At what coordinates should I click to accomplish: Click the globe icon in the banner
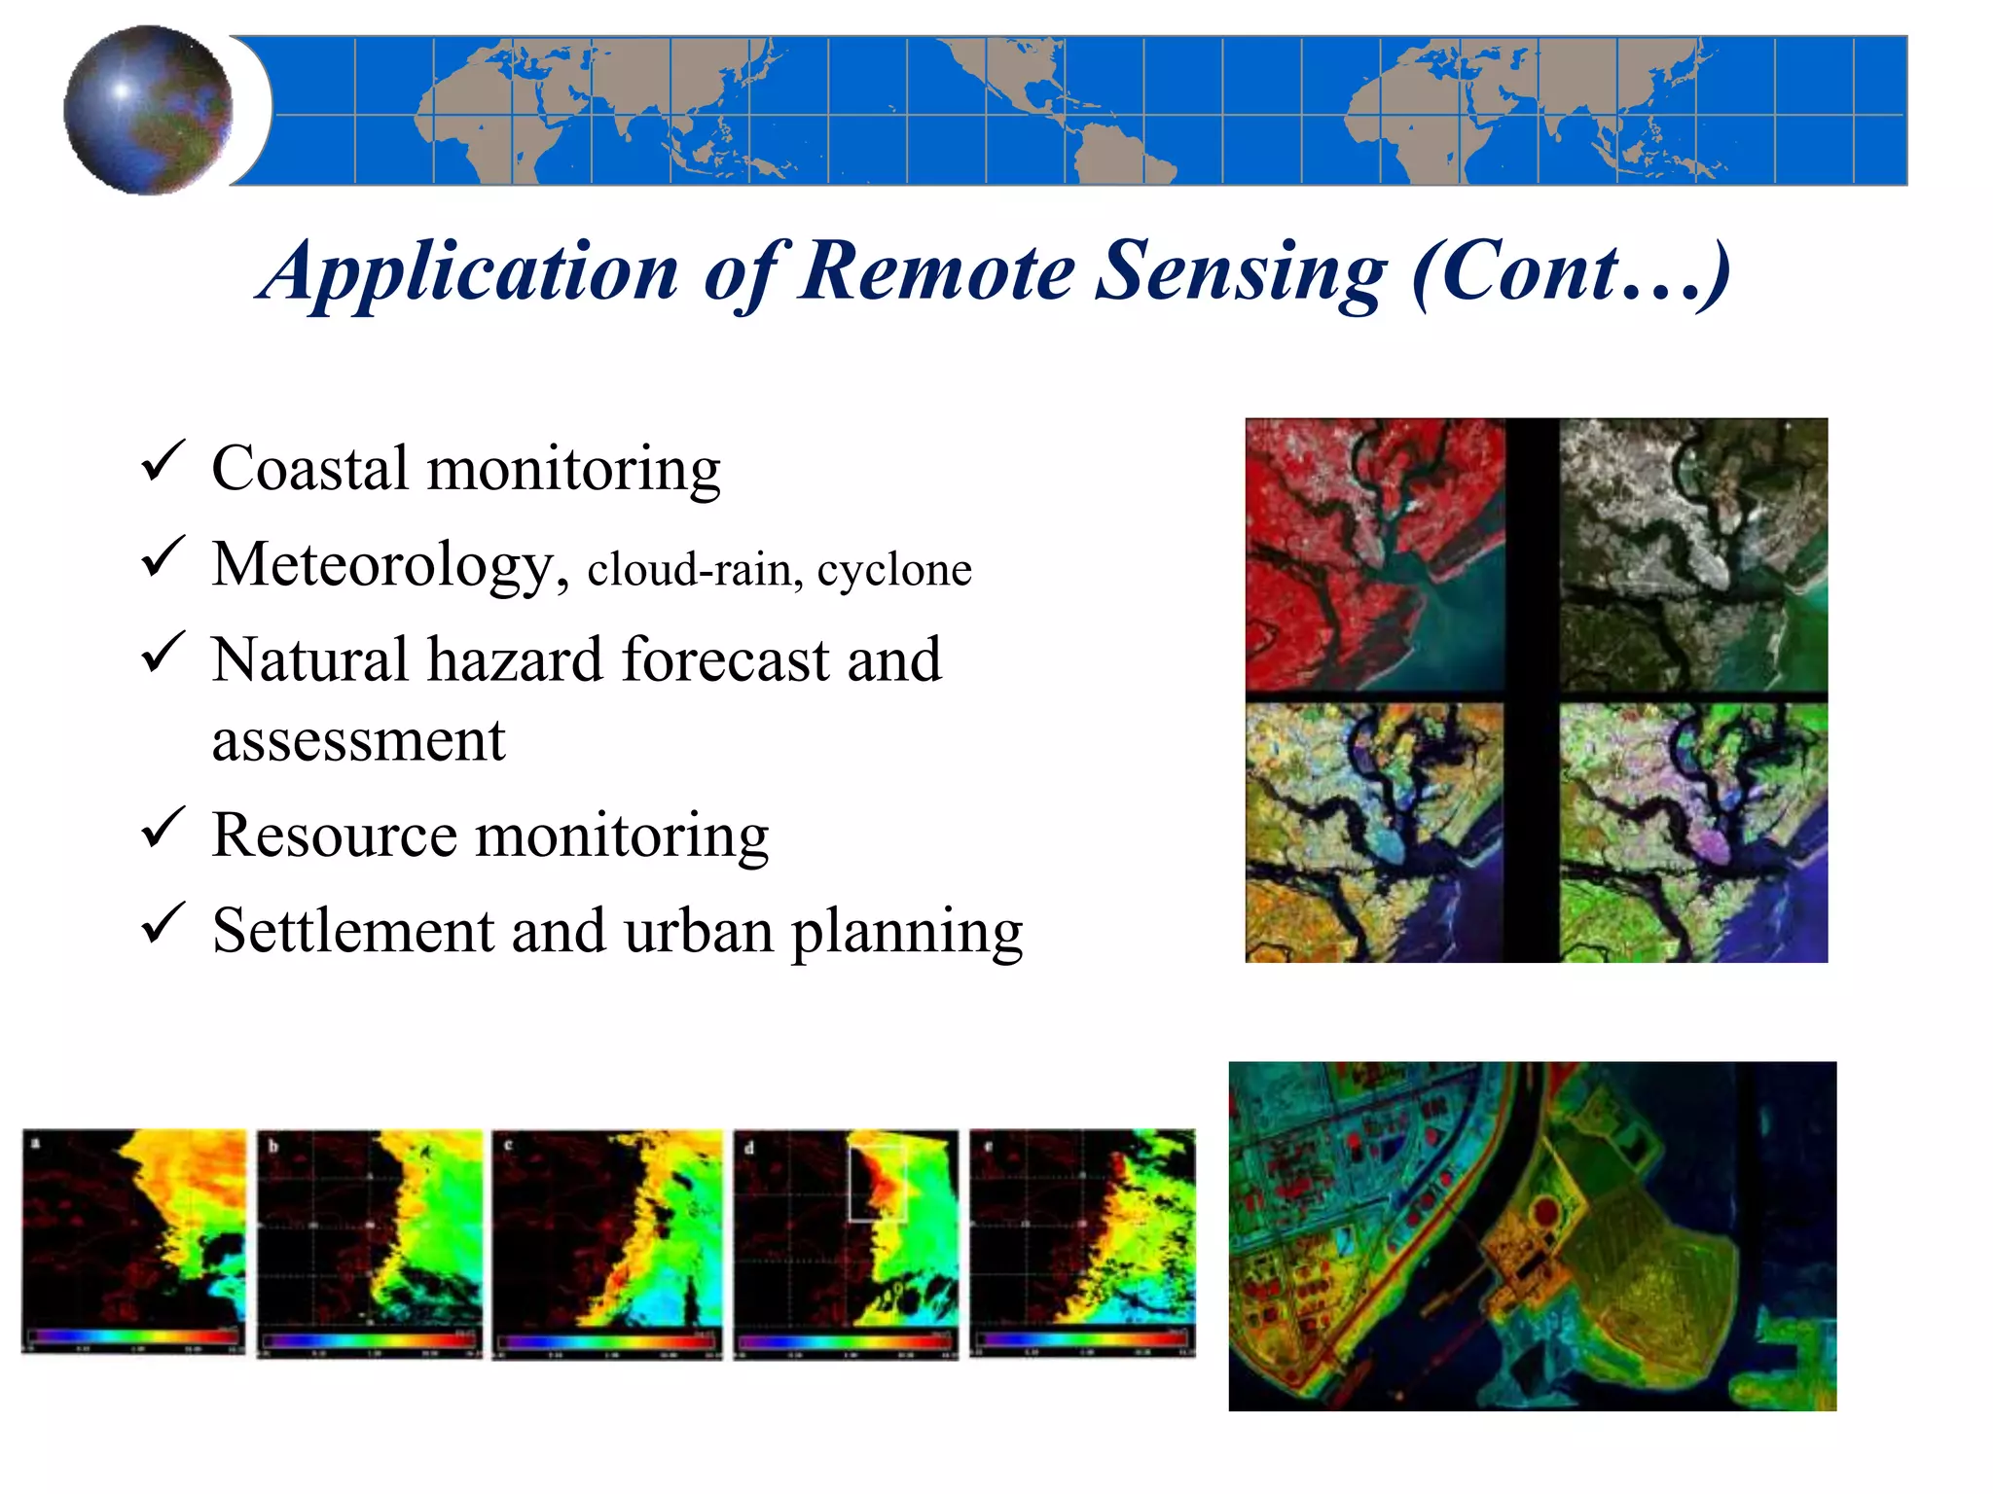pyautogui.click(x=148, y=110)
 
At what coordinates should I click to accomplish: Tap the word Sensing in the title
pyautogui.click(x=1241, y=272)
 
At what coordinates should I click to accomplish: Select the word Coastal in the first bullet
pyautogui.click(x=309, y=469)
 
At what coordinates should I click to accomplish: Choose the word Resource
pyautogui.click(x=334, y=836)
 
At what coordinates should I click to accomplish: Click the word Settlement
pyautogui.click(x=353, y=931)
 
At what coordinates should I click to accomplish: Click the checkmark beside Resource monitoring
pyautogui.click(x=163, y=828)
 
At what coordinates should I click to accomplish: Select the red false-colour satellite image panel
pyautogui.click(x=1373, y=554)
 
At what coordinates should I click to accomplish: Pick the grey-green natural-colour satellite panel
pyautogui.click(x=1692, y=554)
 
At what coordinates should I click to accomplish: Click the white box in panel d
pyautogui.click(x=878, y=1183)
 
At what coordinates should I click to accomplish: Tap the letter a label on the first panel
pyautogui.click(x=35, y=1142)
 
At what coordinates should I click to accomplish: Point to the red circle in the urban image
pyautogui.click(x=1545, y=1212)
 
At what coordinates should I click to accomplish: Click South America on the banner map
pyautogui.click(x=1119, y=156)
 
